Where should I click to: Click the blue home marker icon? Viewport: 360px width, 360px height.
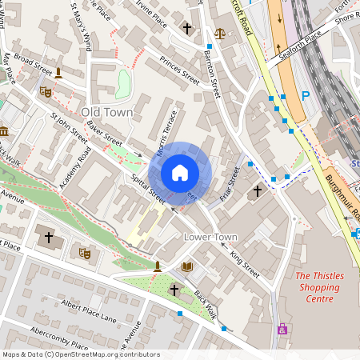(180, 173)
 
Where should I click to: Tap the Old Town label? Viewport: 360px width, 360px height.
(106, 112)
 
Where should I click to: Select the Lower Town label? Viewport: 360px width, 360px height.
(210, 238)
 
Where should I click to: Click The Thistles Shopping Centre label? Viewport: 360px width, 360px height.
(319, 287)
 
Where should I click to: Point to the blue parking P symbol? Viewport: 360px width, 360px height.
(305, 95)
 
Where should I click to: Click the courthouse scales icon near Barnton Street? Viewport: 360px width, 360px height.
(220, 34)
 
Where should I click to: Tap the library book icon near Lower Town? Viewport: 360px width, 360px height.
(187, 266)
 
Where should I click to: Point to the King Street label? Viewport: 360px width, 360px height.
(245, 263)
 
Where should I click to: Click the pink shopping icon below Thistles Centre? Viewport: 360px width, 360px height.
(282, 329)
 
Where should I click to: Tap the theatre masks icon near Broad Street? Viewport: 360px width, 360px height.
(46, 92)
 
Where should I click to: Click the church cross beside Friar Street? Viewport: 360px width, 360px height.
(258, 191)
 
